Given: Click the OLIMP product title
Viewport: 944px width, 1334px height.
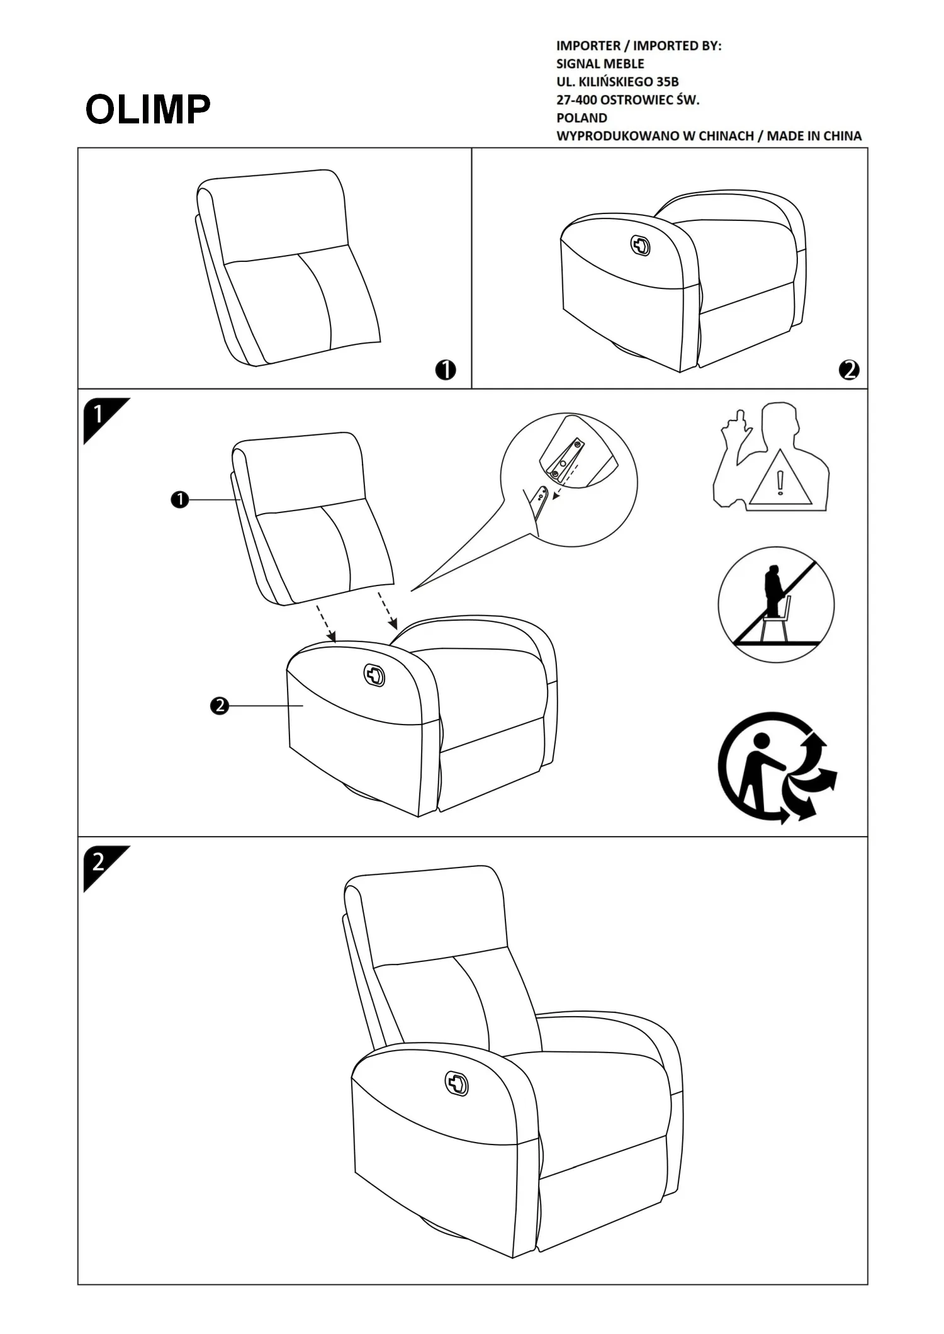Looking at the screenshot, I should coord(148,110).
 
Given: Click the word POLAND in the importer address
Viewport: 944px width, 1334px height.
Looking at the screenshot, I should coord(582,118).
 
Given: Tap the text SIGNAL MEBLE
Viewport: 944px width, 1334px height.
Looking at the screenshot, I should coord(600,64).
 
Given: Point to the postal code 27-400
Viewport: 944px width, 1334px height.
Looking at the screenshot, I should coord(576,99).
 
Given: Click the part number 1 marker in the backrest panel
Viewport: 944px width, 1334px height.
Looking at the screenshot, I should coord(446,370).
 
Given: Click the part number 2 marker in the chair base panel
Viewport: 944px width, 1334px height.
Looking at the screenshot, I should coord(849,370).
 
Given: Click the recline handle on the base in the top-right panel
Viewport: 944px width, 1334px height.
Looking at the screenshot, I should coord(641,246).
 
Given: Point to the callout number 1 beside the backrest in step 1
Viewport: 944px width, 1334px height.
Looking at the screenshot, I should coord(180,500).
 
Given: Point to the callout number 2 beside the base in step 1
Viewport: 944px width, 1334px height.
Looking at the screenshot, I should coord(219,706).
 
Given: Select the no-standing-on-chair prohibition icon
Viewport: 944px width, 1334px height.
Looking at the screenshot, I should coord(776,604).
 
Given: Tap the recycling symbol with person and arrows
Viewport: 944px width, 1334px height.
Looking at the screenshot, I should coord(777,767).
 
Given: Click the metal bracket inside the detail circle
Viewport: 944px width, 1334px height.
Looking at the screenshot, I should coord(564,460).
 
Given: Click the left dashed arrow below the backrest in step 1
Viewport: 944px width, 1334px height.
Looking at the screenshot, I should coord(325,624).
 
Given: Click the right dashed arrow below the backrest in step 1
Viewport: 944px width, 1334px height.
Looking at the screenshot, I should coord(387,610).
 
